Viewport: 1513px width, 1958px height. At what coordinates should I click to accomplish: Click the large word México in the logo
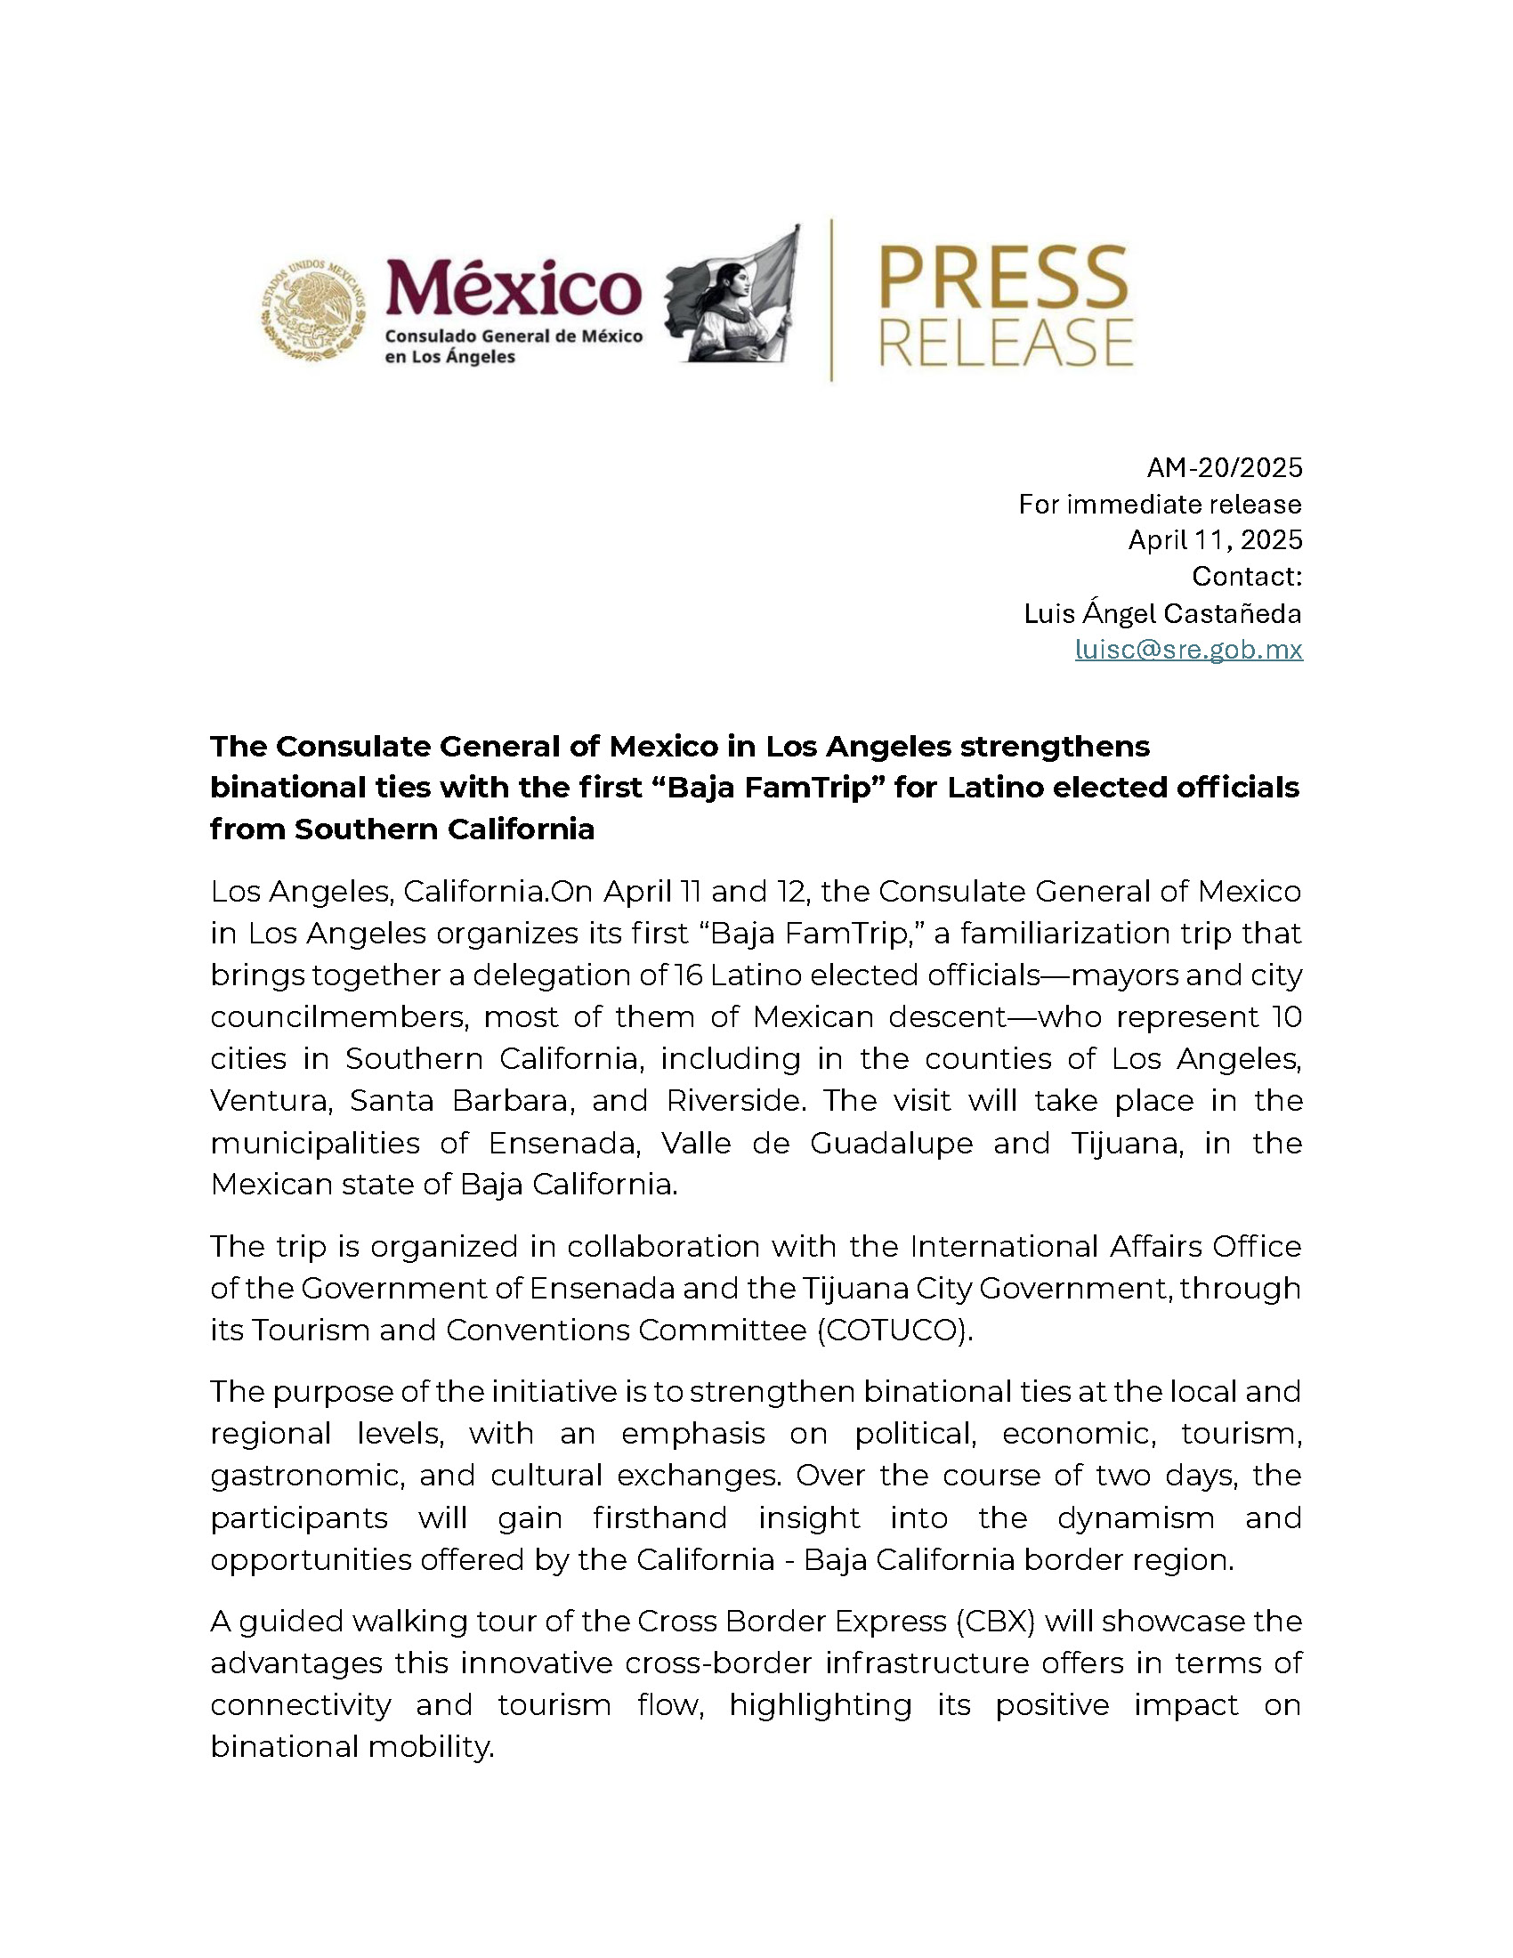[513, 287]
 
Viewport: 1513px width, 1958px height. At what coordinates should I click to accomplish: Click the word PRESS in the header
[1004, 279]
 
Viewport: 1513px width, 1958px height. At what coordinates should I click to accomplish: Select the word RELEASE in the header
[1006, 343]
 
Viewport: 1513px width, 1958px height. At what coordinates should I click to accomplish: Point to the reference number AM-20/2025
[1224, 467]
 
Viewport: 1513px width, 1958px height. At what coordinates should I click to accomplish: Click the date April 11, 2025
[1215, 539]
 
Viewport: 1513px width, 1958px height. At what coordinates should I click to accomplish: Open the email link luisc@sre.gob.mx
[1188, 649]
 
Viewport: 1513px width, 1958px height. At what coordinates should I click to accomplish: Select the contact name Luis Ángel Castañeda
[1162, 613]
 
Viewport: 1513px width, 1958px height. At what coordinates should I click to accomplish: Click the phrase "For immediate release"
[1160, 504]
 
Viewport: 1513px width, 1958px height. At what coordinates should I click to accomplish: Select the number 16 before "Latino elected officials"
[689, 975]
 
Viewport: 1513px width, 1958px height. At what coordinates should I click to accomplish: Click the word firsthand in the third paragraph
[659, 1517]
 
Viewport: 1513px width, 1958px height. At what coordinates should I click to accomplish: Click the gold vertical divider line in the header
[832, 299]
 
